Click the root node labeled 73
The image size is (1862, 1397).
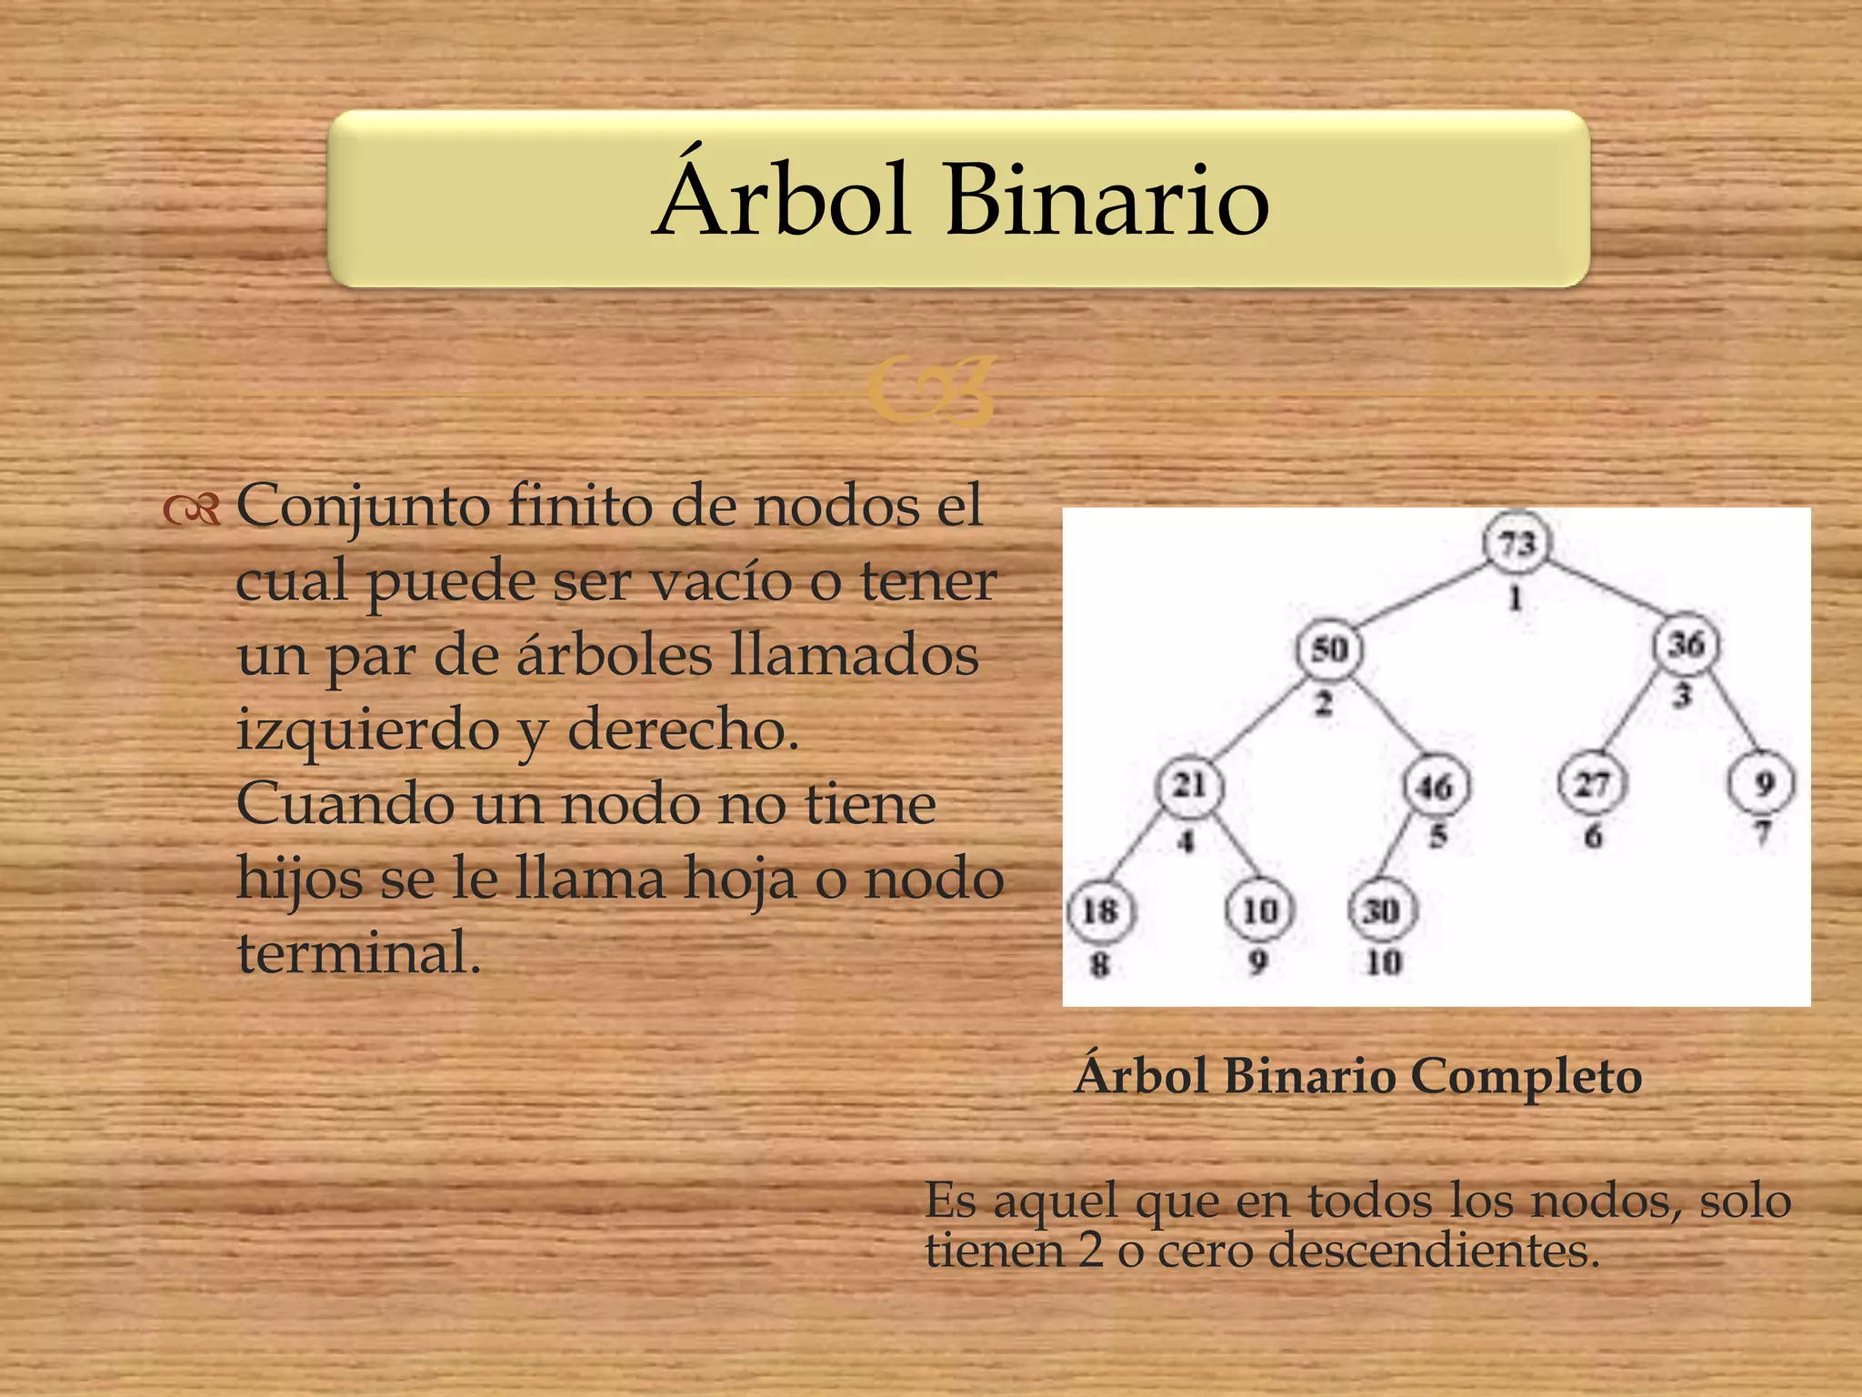[x=1517, y=544]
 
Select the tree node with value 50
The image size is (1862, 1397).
[x=1328, y=649]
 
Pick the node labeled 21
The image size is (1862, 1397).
[x=1189, y=785]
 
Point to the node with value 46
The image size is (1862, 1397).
[x=1436, y=786]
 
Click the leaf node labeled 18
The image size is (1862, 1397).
[x=1100, y=910]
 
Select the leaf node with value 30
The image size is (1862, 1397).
[x=1382, y=910]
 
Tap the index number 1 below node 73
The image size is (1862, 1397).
[x=1516, y=598]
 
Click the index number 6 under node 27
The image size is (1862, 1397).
[x=1593, y=836]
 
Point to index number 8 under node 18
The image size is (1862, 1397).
[x=1099, y=963]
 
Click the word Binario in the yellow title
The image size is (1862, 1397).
[x=1106, y=200]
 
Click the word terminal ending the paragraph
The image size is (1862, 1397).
[x=358, y=952]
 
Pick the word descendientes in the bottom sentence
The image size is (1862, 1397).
[x=1433, y=1251]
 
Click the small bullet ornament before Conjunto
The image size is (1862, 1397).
[x=192, y=510]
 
